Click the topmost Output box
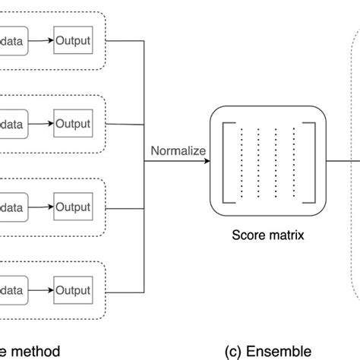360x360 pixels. (72, 41)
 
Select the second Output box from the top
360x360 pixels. (72, 124)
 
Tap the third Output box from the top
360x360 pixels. (72, 207)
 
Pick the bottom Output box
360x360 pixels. (72, 290)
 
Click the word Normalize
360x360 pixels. (178, 151)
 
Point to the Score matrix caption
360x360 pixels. (267, 235)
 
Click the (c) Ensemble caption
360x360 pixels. (267, 351)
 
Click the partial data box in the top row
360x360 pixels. (13, 41)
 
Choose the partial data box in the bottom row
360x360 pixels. (13, 290)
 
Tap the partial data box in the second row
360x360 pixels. (13, 124)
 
